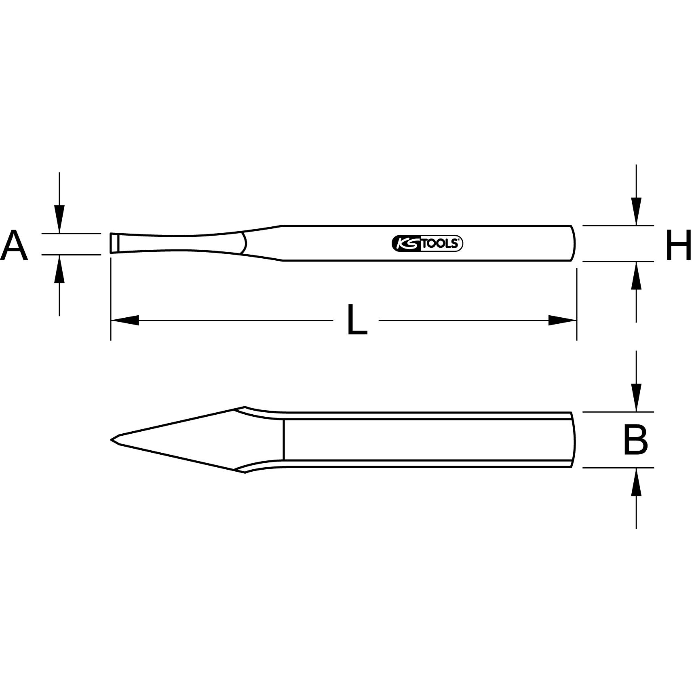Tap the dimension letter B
coord(635,440)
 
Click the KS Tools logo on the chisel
coord(427,244)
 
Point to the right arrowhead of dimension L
coord(562,320)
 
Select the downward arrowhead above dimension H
coord(636,211)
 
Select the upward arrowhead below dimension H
coord(636,275)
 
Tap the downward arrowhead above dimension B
coord(636,398)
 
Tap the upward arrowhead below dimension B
coord(636,482)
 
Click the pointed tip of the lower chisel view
coord(112,439)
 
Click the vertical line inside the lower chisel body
coord(284,440)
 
